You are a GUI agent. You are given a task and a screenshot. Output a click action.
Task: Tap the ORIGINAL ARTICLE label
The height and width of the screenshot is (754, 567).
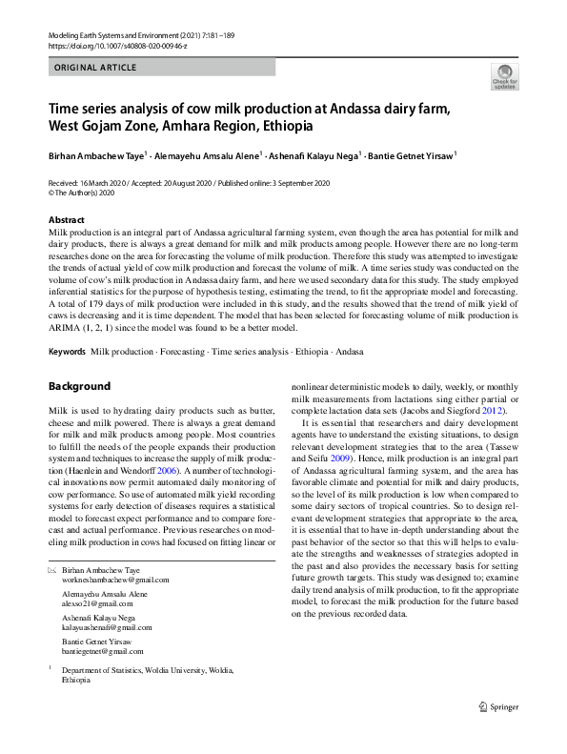coord(95,68)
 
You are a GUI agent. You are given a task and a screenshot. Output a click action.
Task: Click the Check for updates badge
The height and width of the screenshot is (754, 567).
coord(505,77)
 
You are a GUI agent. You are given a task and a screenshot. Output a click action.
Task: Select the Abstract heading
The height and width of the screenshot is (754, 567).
coord(67,219)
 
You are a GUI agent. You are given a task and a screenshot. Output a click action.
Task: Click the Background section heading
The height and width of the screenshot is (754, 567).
coord(79,386)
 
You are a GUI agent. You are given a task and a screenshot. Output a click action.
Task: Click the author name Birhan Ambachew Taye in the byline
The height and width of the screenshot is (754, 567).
coord(97,153)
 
